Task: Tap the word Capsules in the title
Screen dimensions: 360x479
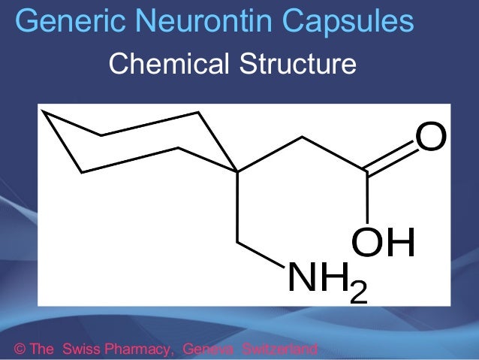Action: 352,22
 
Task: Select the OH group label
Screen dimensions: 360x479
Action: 383,243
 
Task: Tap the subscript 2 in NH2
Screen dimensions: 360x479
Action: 359,290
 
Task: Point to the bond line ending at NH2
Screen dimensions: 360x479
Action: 261,255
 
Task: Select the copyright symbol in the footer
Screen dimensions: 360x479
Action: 20,349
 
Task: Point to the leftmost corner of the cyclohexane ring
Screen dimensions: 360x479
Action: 41,111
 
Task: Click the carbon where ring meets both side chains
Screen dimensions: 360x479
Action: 237,172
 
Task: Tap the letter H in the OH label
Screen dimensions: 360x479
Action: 399,243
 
